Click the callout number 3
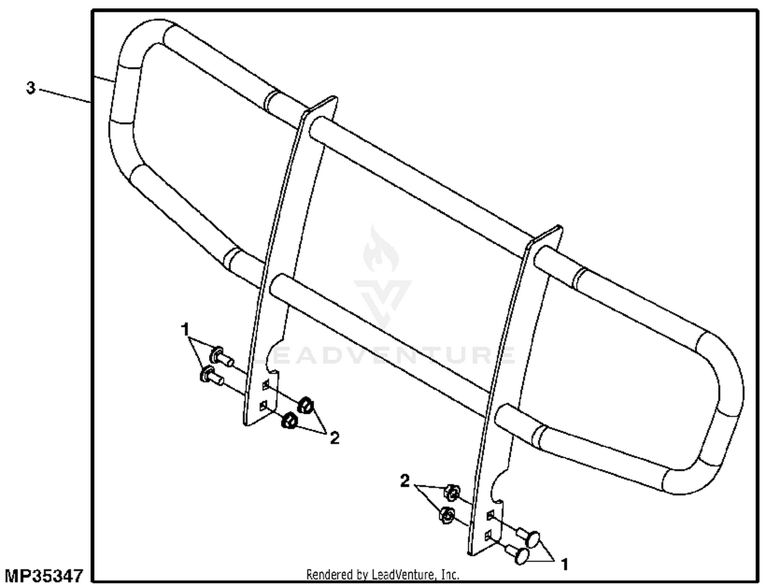coord(31,88)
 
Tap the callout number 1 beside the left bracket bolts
coord(185,330)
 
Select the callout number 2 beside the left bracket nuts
coord(334,438)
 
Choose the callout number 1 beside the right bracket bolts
coord(564,565)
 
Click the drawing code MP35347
coord(44,575)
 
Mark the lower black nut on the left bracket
coord(290,420)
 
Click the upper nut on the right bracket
coord(451,492)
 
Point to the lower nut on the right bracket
coord(446,515)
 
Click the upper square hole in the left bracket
coord(266,385)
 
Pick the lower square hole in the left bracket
coord(264,406)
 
